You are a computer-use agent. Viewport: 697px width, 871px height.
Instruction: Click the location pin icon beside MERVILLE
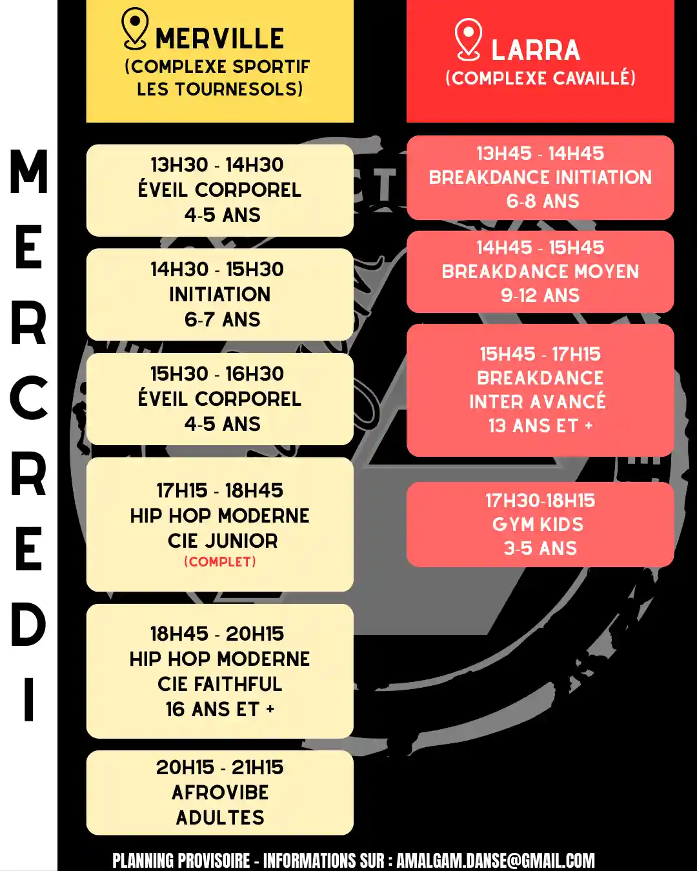pos(135,29)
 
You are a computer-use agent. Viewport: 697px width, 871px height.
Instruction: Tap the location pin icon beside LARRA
pos(468,39)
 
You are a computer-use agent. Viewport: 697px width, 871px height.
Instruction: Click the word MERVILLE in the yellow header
pos(219,39)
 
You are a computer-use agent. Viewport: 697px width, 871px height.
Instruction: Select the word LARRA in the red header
pos(536,50)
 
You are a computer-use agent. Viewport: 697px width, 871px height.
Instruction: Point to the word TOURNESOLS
pos(239,89)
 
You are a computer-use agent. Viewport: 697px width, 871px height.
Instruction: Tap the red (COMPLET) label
pos(220,562)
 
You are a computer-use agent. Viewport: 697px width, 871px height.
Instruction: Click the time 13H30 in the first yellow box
pos(179,165)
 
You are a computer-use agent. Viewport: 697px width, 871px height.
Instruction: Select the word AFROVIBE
pos(220,792)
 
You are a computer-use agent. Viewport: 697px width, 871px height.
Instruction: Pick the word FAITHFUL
pos(238,684)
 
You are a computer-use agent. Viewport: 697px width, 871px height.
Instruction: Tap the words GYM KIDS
pos(538,525)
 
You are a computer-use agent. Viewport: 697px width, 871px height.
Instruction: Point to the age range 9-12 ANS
pos(540,295)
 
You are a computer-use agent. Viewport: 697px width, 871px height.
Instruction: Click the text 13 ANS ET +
pos(541,426)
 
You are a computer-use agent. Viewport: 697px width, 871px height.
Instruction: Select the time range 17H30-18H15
pos(540,501)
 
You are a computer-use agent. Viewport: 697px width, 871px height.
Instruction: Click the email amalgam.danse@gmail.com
pos(495,861)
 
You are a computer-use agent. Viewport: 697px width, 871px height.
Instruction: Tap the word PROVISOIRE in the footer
pos(214,861)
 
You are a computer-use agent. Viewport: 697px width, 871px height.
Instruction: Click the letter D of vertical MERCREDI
pos(28,625)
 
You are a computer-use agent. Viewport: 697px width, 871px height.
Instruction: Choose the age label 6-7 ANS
pos(223,320)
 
